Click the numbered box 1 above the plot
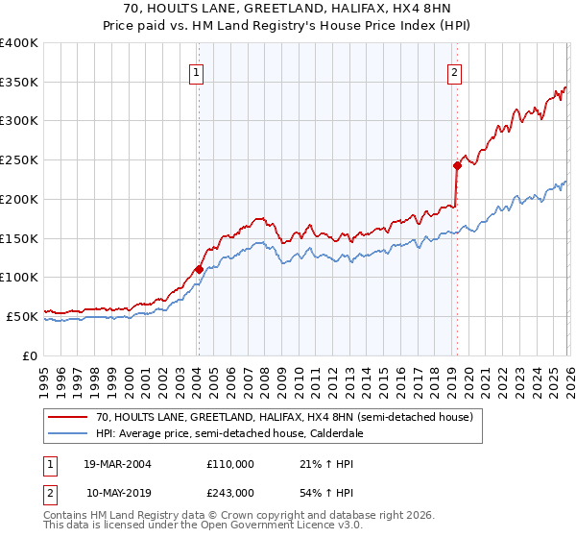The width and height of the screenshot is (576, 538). (x=197, y=71)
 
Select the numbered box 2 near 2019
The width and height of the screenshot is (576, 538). (x=453, y=71)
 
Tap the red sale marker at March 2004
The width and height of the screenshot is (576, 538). (x=199, y=270)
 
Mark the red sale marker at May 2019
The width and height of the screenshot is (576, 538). (x=457, y=165)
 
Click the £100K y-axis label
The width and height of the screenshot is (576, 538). (x=19, y=277)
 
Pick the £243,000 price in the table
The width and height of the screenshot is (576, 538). (x=230, y=492)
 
